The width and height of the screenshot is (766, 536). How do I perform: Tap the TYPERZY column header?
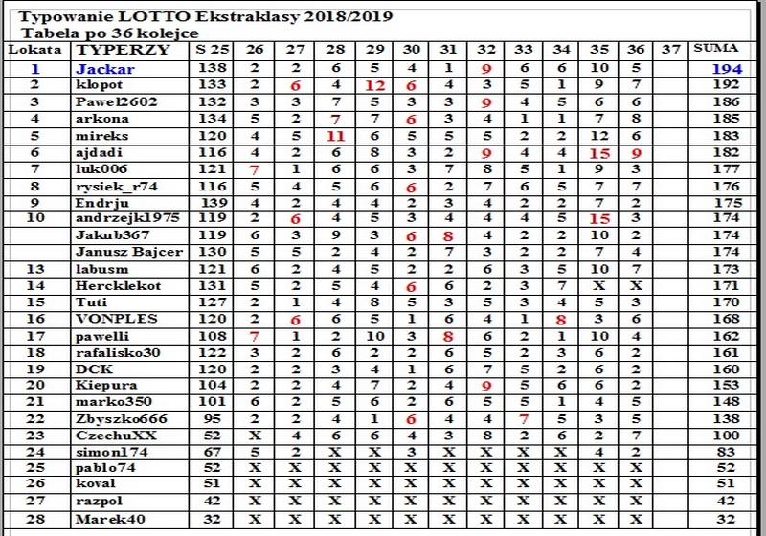click(x=123, y=49)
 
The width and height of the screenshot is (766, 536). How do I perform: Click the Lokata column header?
click(x=35, y=49)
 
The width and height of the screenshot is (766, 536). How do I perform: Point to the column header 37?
click(x=671, y=49)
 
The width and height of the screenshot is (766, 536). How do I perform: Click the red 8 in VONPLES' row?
click(x=562, y=319)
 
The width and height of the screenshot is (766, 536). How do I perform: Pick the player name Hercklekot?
click(x=120, y=285)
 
